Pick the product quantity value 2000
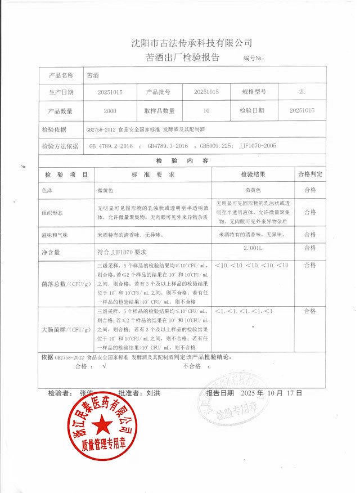110,111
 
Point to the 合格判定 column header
310,175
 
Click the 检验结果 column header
253,175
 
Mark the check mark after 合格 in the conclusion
104,366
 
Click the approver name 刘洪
153,393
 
